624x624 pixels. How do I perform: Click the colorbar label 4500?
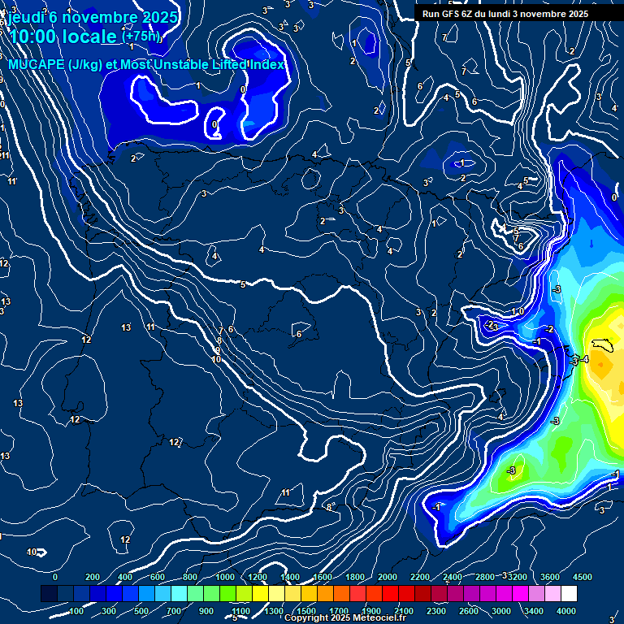583,576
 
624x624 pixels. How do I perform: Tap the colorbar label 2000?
388,576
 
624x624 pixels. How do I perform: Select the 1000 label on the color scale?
224,576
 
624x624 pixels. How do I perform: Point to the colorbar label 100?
77,610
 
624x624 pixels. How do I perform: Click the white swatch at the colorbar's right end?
568,594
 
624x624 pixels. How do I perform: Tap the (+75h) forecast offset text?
141,36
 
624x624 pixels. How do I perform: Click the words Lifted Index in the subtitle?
246,64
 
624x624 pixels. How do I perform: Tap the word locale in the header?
90,37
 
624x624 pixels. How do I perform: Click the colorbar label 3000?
501,610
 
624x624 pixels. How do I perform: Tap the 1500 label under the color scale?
305,610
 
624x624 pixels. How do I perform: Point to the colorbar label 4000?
566,610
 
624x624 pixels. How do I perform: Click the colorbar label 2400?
453,576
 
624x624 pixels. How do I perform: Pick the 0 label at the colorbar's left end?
55,576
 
